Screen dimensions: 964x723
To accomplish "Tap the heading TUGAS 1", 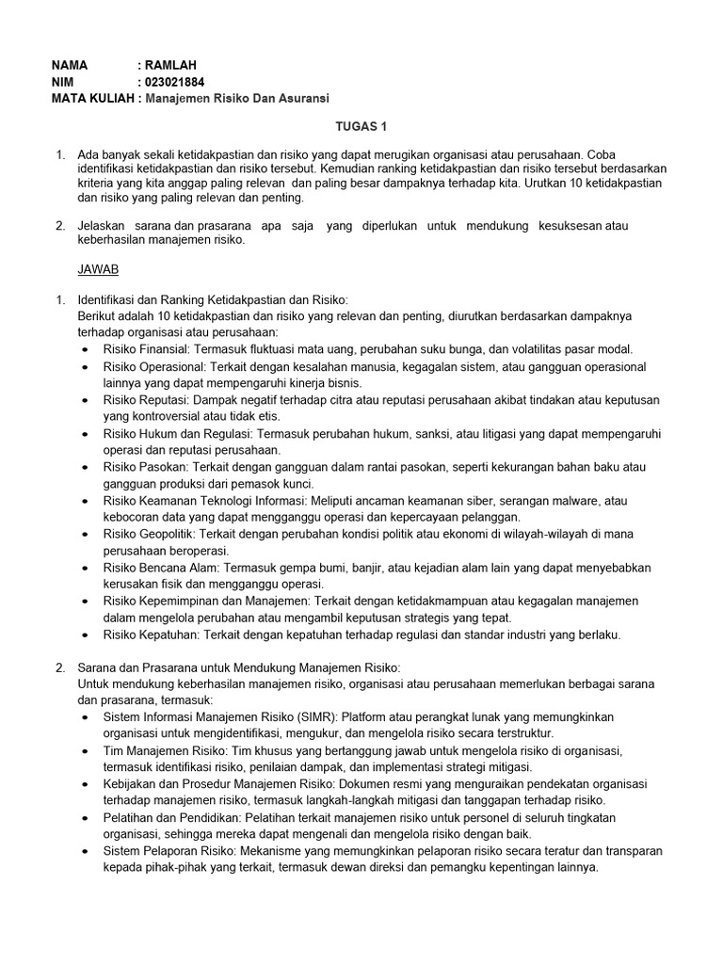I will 361,125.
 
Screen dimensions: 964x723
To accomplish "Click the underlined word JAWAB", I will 98,268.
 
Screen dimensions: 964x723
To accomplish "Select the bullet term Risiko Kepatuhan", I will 151,635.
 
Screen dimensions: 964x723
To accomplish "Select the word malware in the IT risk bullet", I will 580,501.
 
